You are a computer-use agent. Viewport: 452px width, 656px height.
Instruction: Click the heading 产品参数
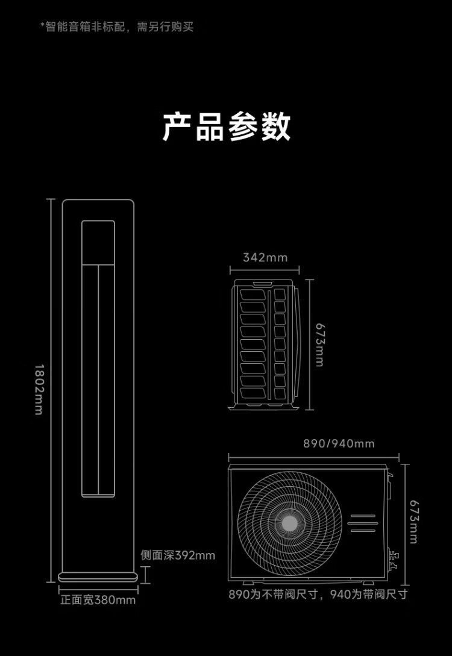226,127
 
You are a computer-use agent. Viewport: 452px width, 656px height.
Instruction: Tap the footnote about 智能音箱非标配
117,27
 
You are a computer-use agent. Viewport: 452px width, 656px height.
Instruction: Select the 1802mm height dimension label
39,390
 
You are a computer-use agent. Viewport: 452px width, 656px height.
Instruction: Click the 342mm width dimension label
265,257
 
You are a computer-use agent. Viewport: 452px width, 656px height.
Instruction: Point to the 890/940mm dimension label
339,443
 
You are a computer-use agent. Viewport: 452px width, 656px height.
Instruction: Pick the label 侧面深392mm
178,555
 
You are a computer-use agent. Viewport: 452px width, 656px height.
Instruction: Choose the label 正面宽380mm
98,600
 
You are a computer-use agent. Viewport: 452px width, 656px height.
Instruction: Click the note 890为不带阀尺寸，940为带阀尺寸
318,594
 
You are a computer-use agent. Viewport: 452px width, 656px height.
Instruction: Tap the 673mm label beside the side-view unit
320,345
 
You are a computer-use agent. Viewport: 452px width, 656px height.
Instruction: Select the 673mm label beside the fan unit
413,522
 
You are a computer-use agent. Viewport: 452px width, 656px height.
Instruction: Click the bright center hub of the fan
290,523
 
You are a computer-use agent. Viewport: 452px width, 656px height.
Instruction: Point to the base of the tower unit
98,577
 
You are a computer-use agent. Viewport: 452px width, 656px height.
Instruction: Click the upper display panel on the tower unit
98,242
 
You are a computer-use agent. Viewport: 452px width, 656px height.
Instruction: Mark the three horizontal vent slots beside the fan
363,523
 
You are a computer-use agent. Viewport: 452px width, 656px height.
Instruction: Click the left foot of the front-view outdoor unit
248,583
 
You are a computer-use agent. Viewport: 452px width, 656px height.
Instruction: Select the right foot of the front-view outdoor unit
368,583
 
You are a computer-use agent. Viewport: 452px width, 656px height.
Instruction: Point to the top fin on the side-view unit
253,295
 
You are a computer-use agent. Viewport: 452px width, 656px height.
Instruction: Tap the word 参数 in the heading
260,127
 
